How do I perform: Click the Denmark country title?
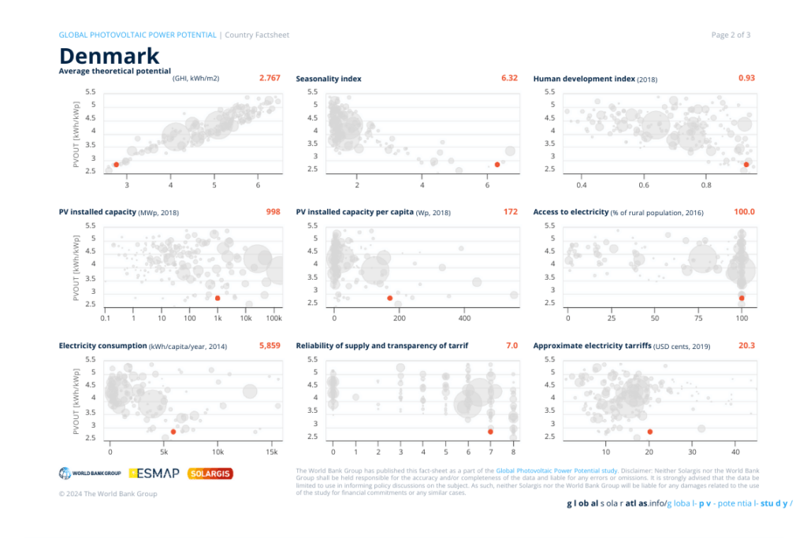[110, 56]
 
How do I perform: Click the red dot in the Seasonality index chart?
[497, 165]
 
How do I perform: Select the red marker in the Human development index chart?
[746, 164]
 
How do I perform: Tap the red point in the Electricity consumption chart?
[173, 432]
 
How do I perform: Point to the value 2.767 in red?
[270, 78]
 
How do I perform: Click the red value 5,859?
[270, 345]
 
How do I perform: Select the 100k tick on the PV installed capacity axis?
[273, 318]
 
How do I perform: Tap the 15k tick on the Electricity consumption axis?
[271, 452]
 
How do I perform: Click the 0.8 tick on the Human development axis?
[706, 185]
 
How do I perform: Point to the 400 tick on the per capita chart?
[463, 318]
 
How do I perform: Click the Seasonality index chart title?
[329, 79]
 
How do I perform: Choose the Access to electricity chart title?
[571, 212]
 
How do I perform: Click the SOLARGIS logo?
[210, 473]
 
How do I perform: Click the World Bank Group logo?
[89, 473]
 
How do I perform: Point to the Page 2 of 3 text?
[731, 35]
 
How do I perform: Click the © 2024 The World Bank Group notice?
[108, 494]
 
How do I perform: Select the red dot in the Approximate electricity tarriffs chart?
[649, 432]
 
